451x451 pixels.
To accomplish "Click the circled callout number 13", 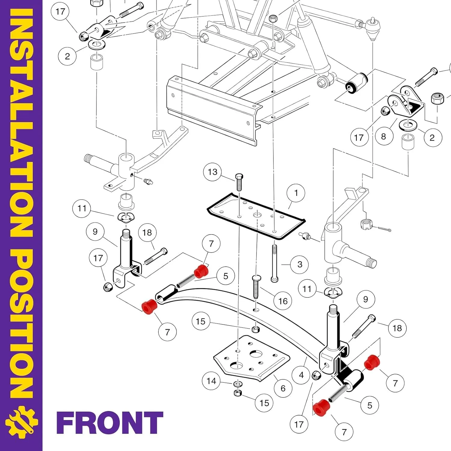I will [213, 172].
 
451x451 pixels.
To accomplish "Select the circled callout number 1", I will [296, 193].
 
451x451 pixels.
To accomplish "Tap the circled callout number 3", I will [300, 264].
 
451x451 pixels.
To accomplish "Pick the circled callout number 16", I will [283, 301].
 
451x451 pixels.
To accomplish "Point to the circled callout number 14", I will [211, 381].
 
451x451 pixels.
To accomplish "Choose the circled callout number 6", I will [283, 388].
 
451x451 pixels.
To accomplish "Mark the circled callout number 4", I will [302, 375].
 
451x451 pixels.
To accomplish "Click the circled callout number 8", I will [383, 137].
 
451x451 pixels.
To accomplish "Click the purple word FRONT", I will [110, 423].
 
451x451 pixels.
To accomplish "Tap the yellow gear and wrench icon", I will [21, 422].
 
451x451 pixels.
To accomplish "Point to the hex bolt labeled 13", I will [239, 182].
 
